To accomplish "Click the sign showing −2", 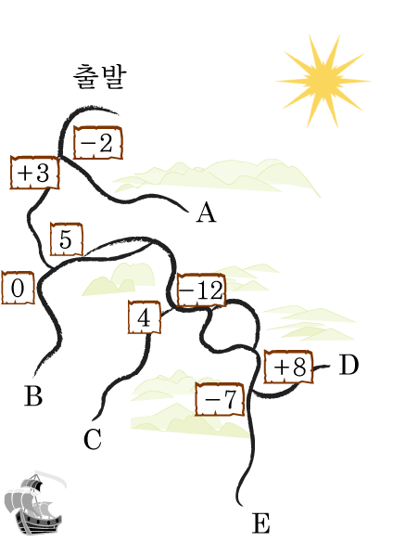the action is pyautogui.click(x=98, y=143).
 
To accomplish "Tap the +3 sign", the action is pyautogui.click(x=34, y=173).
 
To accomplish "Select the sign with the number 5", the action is pyautogui.click(x=67, y=239).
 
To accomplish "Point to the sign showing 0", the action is pyautogui.click(x=18, y=288).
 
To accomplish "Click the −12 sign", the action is pyautogui.click(x=202, y=290).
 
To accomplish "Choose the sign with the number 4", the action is pyautogui.click(x=145, y=317).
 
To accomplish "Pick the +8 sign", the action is pyautogui.click(x=288, y=367).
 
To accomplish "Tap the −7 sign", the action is pyautogui.click(x=220, y=399).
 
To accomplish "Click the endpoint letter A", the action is pyautogui.click(x=207, y=213).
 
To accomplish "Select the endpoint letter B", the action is pyautogui.click(x=33, y=395).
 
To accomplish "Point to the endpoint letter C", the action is pyautogui.click(x=93, y=439).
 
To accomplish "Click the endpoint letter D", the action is pyautogui.click(x=349, y=365).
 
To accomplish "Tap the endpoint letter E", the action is pyautogui.click(x=260, y=523).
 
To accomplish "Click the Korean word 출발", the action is pyautogui.click(x=100, y=77).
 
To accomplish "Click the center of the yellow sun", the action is pyautogui.click(x=324, y=82).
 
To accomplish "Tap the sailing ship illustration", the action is pyautogui.click(x=33, y=503).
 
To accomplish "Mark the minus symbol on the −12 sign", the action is pyautogui.click(x=186, y=290).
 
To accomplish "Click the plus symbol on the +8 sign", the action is pyautogui.click(x=281, y=367).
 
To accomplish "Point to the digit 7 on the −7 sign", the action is pyautogui.click(x=229, y=399).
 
